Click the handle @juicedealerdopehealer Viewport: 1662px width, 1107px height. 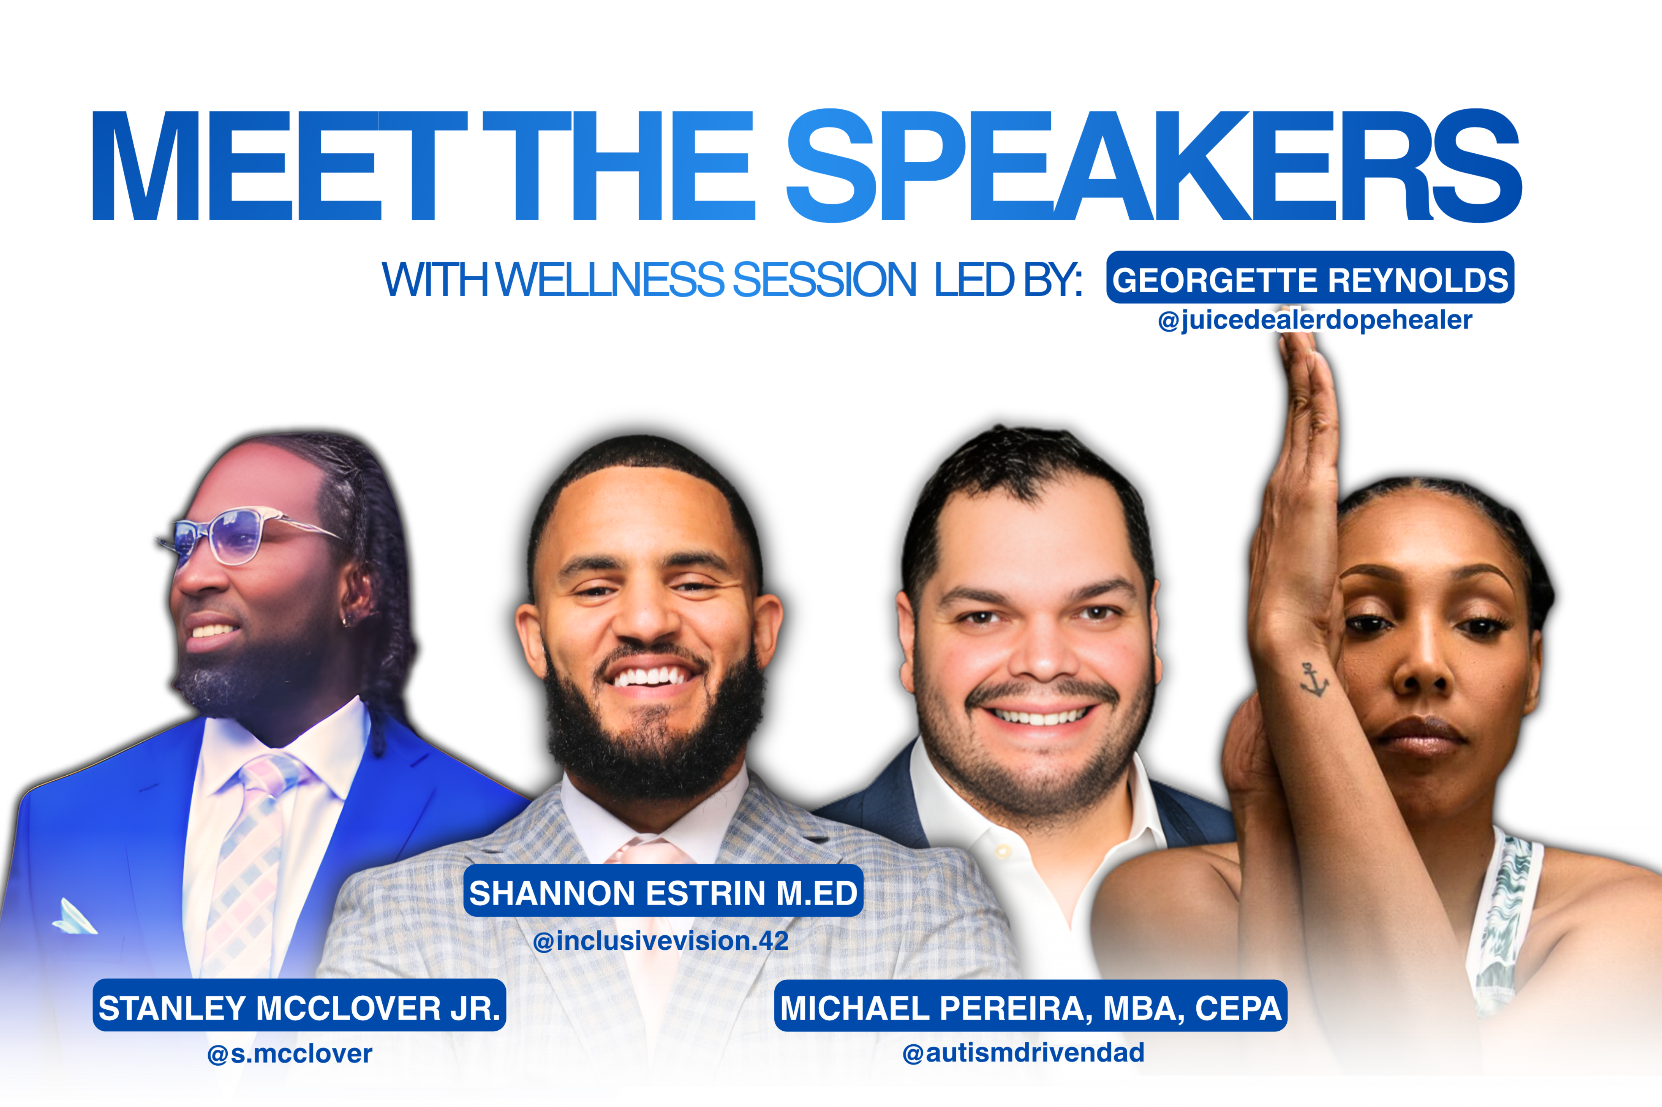click(x=1315, y=320)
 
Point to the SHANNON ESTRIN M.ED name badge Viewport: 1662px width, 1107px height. click(x=663, y=891)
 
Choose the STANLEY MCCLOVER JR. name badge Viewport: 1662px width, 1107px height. click(x=299, y=1005)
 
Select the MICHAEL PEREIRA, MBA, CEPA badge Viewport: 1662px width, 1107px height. click(x=1031, y=1006)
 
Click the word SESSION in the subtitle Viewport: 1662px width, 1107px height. click(x=825, y=279)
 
